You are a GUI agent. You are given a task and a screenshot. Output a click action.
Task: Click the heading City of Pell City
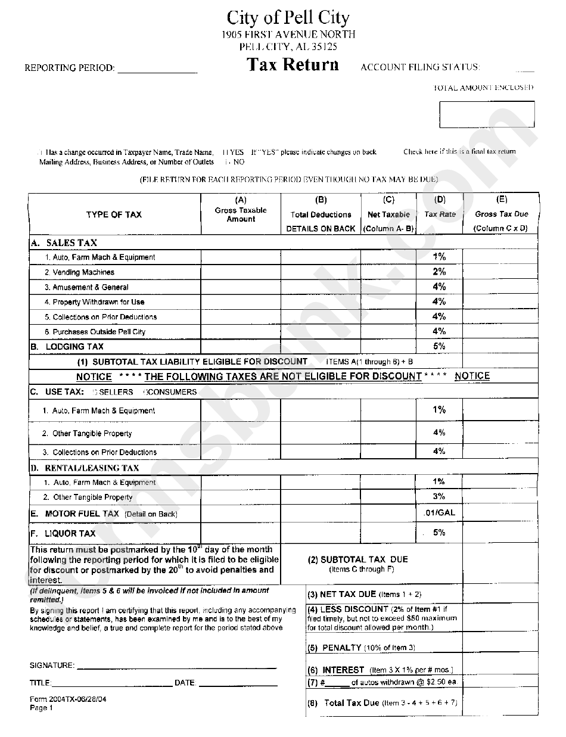pyautogui.click(x=288, y=18)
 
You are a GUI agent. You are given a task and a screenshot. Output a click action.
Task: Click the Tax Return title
pyautogui.click(x=293, y=65)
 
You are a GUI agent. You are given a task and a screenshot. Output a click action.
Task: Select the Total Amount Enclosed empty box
pyautogui.click(x=486, y=114)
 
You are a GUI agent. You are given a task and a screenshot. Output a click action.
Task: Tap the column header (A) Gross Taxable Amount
pyautogui.click(x=241, y=210)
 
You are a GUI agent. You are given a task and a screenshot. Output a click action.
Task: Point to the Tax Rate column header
pyautogui.click(x=440, y=214)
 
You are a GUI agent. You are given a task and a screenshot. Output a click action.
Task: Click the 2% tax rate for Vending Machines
pyautogui.click(x=439, y=272)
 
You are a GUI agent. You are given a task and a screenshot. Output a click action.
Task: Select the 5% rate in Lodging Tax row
pyautogui.click(x=439, y=346)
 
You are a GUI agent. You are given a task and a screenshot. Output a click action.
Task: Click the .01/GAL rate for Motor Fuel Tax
pyautogui.click(x=439, y=512)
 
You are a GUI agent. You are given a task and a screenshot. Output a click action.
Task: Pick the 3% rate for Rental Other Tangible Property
pyautogui.click(x=439, y=496)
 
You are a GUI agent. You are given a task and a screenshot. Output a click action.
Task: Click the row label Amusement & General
pyautogui.click(x=90, y=287)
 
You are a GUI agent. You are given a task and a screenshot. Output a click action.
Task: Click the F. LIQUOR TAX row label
pyautogui.click(x=63, y=533)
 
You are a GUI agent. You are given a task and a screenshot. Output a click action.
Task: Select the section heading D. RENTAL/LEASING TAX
pyautogui.click(x=85, y=468)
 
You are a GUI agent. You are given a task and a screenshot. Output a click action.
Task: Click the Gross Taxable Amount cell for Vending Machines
pyautogui.click(x=241, y=272)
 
